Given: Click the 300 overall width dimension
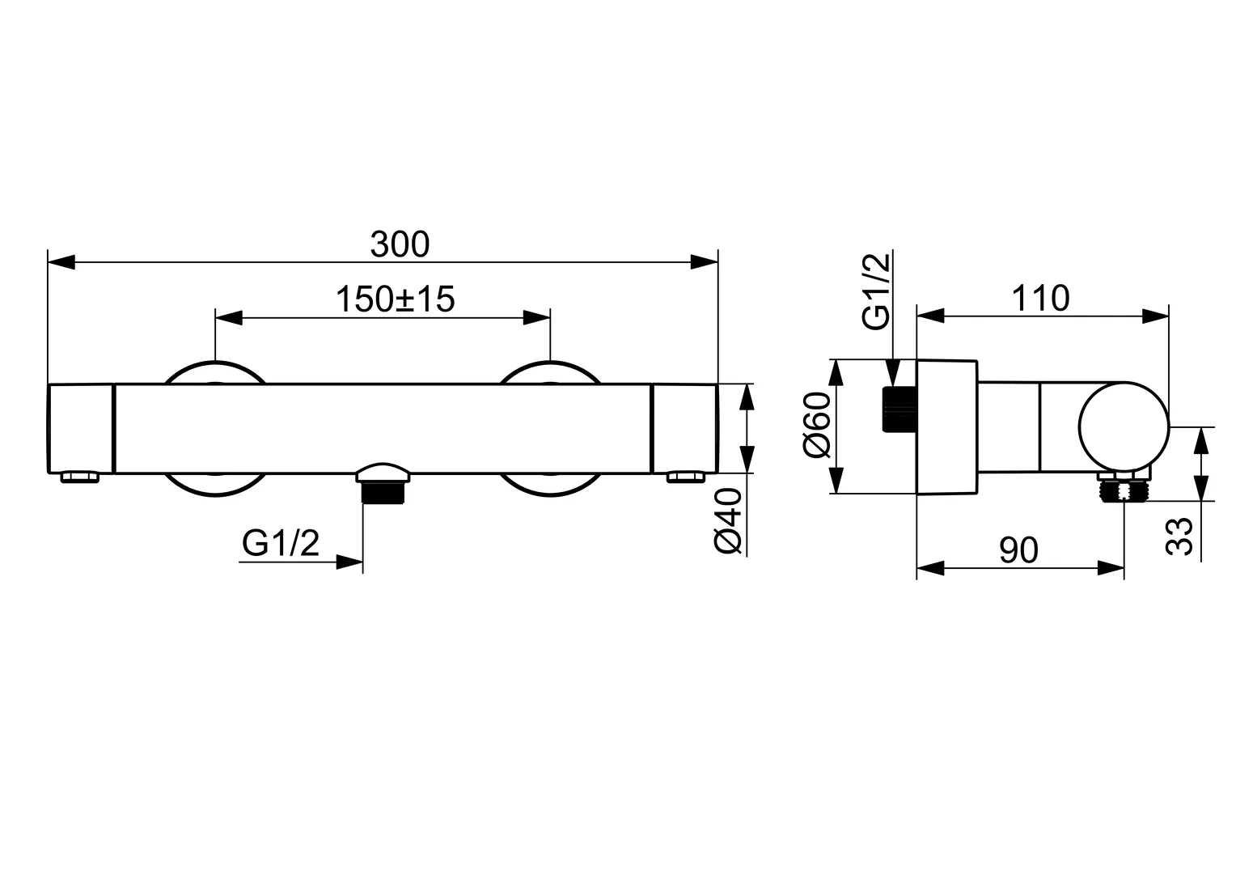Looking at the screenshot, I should [x=400, y=244].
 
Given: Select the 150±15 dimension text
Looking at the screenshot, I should [x=396, y=299].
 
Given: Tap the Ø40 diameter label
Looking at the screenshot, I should [x=729, y=521].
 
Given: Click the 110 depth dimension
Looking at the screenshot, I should [x=1040, y=299].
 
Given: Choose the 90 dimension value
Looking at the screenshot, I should [x=1018, y=550].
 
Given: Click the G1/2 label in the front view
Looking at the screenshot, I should [x=281, y=545].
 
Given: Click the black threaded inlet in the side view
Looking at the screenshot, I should [x=899, y=409].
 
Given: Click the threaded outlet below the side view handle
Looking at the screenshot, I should [x=1124, y=490].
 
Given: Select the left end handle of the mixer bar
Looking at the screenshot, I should [x=81, y=428].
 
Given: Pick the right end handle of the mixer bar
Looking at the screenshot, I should [x=684, y=428].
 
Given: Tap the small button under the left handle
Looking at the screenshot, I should [x=80, y=478].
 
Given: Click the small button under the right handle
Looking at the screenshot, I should [x=685, y=478].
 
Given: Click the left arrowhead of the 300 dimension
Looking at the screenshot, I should [x=61, y=262].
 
